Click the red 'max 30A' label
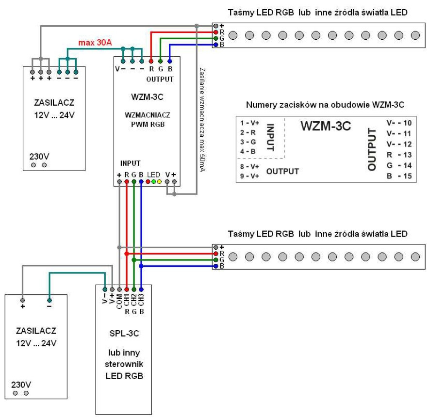95,43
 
